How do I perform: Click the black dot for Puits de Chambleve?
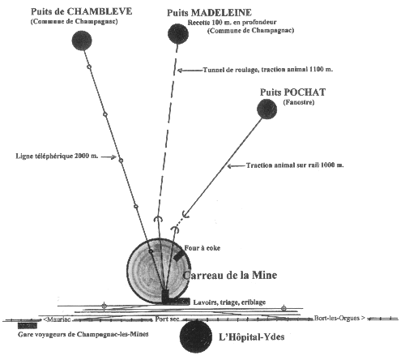[x=82, y=41]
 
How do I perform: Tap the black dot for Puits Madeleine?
[x=178, y=34]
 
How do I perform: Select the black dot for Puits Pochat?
[x=266, y=109]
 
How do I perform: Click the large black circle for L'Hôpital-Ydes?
[x=196, y=336]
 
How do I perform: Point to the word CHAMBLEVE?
[x=100, y=11]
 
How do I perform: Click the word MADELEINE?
[x=225, y=13]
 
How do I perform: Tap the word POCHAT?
[x=305, y=92]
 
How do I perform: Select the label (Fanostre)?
[x=299, y=102]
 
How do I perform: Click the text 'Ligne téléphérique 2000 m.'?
[x=57, y=156]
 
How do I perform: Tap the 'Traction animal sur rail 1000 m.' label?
[x=295, y=165]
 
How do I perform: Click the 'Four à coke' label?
[x=202, y=248]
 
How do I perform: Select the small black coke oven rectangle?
[x=178, y=255]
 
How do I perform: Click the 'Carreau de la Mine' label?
[x=230, y=275]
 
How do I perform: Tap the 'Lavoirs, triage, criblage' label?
[x=229, y=302]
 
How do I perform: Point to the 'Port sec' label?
[x=167, y=319]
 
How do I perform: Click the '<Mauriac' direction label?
[x=57, y=319]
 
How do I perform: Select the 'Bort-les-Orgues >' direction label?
[x=339, y=318]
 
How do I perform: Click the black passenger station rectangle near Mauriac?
[x=28, y=326]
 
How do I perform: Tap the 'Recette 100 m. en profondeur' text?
[x=232, y=23]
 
